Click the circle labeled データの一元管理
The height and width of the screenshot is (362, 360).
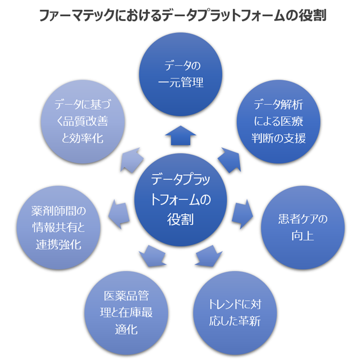[180, 74]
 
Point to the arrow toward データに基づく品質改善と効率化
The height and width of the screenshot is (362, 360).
[132, 159]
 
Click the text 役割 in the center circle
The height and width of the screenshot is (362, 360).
[180, 219]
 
